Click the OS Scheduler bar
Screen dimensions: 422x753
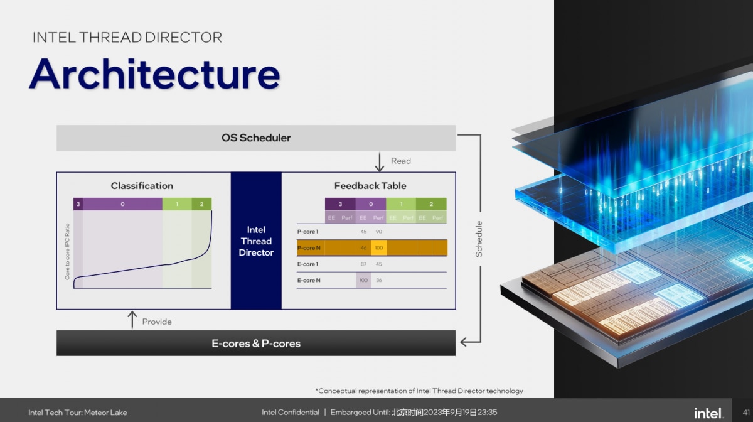pyautogui.click(x=256, y=138)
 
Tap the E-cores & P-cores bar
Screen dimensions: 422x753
pyautogui.click(x=256, y=344)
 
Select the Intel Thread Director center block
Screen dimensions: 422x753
pyautogui.click(x=256, y=241)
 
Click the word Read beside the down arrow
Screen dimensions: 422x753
pyautogui.click(x=401, y=161)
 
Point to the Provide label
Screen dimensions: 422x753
pyautogui.click(x=157, y=322)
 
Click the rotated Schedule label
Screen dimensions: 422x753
pyautogui.click(x=479, y=239)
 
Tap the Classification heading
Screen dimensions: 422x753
pyautogui.click(x=142, y=186)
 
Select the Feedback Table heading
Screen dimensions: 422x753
pyautogui.click(x=370, y=186)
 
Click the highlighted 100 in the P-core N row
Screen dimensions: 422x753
pyautogui.click(x=379, y=248)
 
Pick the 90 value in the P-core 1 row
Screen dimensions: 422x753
pyautogui.click(x=379, y=232)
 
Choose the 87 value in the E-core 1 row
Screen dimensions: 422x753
pyautogui.click(x=363, y=264)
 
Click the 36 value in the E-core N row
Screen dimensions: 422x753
pyautogui.click(x=379, y=281)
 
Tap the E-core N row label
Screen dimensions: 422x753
pyautogui.click(x=309, y=281)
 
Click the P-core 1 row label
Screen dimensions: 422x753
pyautogui.click(x=308, y=232)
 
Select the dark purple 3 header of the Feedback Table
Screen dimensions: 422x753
pyautogui.click(x=340, y=204)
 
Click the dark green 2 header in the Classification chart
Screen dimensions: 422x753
pyautogui.click(x=201, y=204)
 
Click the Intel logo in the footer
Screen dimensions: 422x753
pyautogui.click(x=708, y=413)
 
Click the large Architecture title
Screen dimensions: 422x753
pyautogui.click(x=154, y=74)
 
